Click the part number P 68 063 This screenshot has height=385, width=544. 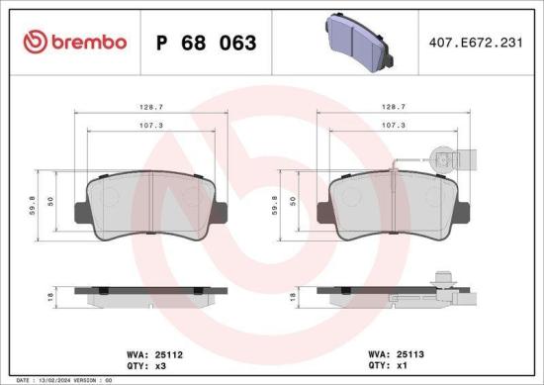pos(207,43)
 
